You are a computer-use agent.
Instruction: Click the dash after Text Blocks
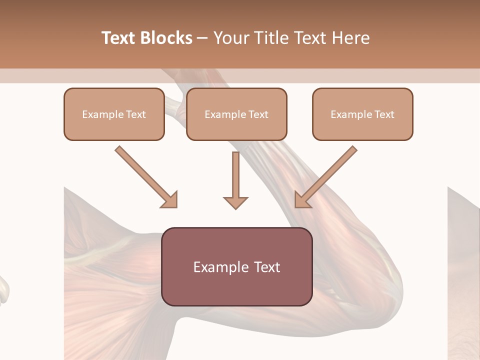click(202, 38)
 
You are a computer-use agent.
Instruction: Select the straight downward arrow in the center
click(235, 175)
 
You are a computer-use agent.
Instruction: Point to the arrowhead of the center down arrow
click(235, 202)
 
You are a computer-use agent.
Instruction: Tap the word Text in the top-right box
click(384, 114)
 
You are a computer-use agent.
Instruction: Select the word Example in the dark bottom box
click(216, 267)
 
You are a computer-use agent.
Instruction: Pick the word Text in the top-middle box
click(258, 114)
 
